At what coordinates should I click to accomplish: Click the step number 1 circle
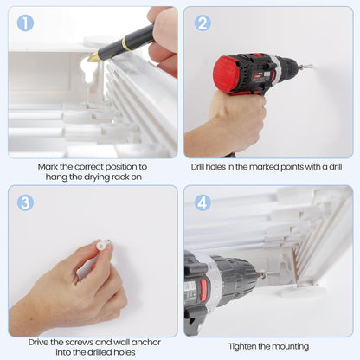[25, 22]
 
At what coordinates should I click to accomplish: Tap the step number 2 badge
[202, 22]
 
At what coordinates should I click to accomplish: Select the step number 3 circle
[25, 202]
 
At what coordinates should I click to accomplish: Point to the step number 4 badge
[202, 202]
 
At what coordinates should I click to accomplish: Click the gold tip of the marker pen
[93, 57]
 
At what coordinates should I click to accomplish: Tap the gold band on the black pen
[125, 43]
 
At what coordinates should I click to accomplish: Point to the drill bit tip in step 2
[308, 67]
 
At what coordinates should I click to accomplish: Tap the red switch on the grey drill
[203, 288]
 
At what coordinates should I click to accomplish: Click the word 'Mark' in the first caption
[48, 167]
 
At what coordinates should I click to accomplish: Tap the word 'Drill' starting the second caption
[197, 167]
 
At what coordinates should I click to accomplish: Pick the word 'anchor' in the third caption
[146, 343]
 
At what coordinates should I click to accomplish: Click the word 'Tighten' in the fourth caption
[242, 346]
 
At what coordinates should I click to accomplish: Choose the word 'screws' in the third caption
[80, 343]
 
